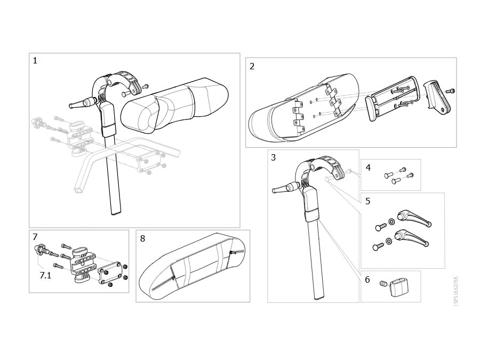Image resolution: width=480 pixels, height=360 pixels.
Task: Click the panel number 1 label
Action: coord(35,61)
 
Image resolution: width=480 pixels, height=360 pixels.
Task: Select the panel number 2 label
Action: coord(252,67)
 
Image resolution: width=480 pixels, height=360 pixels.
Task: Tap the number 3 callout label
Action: coord(274,157)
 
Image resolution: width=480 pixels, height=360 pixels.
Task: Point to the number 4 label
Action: coord(368,167)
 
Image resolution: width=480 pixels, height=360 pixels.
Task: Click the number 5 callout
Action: coord(367,201)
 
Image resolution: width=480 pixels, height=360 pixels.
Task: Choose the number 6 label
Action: coord(367,279)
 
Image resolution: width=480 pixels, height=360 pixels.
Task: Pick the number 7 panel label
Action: coord(35,237)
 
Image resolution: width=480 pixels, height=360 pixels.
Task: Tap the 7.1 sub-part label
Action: coord(45,276)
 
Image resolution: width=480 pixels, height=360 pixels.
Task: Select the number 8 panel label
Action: coord(142,238)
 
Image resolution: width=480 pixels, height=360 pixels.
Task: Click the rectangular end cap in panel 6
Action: coord(398,287)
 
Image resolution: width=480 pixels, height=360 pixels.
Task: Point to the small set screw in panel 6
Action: coord(383,284)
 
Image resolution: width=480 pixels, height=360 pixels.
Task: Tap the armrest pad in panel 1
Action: coord(174,106)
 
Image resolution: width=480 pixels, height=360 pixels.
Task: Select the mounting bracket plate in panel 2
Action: coord(394,98)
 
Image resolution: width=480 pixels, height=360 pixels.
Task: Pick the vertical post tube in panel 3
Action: coord(316,257)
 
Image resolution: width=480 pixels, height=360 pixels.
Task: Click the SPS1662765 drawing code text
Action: coord(456,291)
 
